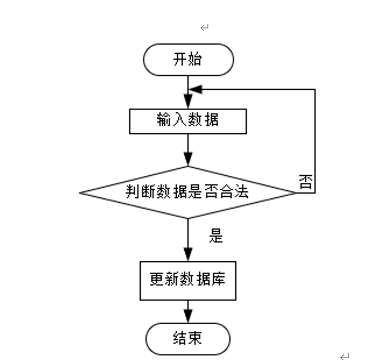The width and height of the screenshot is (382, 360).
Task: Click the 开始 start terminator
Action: click(x=188, y=60)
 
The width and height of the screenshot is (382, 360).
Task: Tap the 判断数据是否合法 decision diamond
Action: click(x=188, y=192)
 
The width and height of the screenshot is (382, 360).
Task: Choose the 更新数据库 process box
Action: click(x=187, y=280)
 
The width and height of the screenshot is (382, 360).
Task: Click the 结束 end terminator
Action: click(x=188, y=338)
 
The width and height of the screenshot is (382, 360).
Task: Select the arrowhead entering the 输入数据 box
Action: click(x=188, y=105)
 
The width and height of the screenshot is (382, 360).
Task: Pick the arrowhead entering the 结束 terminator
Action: click(x=188, y=319)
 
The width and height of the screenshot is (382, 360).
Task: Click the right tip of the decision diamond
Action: click(x=296, y=193)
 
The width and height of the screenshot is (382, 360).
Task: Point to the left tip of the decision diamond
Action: click(x=80, y=193)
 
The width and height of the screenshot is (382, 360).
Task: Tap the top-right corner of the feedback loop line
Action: click(x=315, y=90)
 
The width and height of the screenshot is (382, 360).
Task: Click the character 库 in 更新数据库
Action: click(x=218, y=280)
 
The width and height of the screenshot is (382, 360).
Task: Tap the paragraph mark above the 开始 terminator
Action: click(x=204, y=28)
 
